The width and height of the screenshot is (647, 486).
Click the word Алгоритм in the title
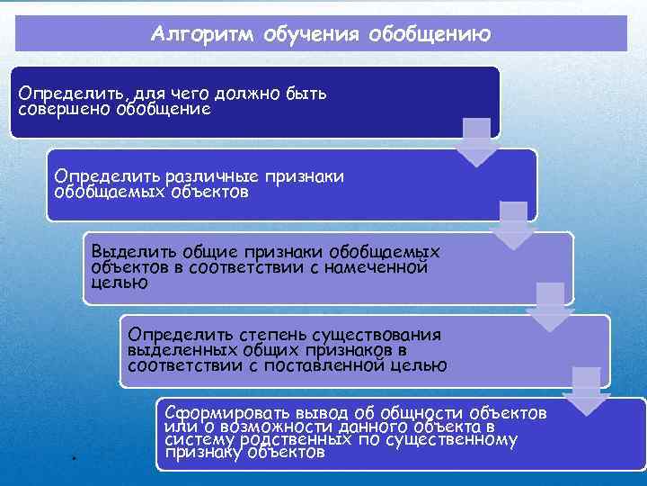pos(204,35)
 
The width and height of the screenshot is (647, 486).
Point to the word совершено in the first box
pos(65,109)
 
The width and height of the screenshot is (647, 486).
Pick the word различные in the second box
pos(193,176)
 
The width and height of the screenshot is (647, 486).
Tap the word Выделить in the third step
pos(132,253)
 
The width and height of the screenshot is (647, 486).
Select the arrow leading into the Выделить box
pos(513,225)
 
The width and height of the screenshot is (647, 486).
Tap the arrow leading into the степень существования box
pos(550,306)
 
